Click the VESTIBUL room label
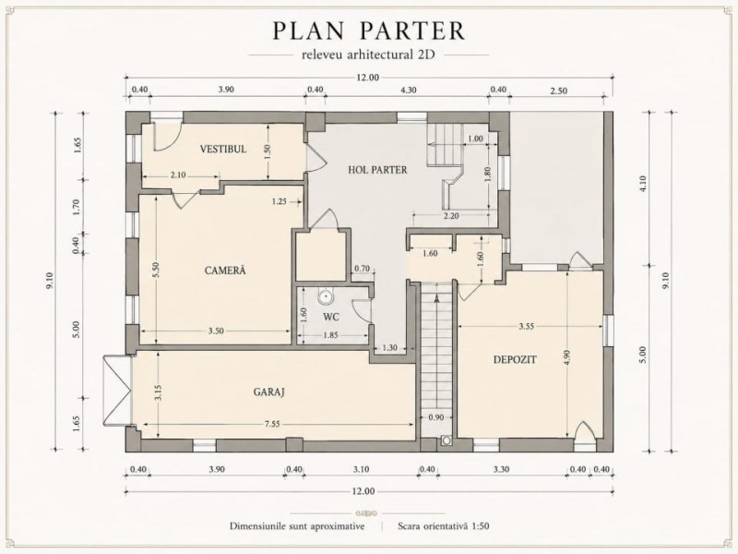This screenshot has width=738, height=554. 222,150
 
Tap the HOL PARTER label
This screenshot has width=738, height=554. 377,170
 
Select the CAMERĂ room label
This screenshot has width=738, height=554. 225,271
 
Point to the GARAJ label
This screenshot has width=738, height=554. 269,391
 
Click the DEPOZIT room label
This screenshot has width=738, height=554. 515,359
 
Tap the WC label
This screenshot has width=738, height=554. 331,317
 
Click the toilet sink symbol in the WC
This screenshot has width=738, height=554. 326,296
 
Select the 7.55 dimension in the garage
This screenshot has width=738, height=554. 272,424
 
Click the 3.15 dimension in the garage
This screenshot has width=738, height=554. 158,393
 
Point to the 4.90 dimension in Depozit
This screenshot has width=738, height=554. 567,357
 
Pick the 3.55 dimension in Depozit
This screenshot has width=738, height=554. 526,326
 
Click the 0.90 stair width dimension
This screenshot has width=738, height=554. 435,416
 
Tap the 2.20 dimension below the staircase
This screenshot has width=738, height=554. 450,216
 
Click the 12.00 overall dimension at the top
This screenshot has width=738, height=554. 367,78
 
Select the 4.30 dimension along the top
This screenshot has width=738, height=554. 408,90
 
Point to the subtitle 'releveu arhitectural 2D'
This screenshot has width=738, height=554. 368,54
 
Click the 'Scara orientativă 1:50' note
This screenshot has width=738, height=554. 443,525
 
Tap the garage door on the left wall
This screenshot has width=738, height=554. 117,391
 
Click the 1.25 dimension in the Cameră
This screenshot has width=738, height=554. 280,201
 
